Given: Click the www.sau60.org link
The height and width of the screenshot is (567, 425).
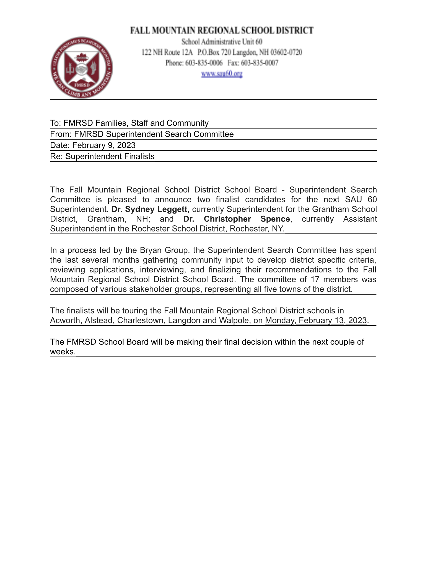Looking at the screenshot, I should (222, 74).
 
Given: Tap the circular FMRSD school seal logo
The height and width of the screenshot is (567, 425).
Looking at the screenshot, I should (81, 67).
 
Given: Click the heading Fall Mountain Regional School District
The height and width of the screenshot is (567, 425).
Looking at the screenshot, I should (222, 30).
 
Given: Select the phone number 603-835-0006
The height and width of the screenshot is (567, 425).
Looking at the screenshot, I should (204, 63).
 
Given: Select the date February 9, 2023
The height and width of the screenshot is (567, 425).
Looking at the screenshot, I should (104, 145).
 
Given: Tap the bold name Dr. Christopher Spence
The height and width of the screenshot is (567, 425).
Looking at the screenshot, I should (237, 219).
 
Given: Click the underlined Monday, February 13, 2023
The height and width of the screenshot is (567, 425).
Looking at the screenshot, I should (316, 320).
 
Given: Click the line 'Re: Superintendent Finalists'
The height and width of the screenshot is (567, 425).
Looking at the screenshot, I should (102, 156).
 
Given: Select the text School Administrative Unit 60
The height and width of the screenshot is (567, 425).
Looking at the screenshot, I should (222, 42).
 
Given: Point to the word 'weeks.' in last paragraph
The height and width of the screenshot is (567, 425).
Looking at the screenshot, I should (63, 352).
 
